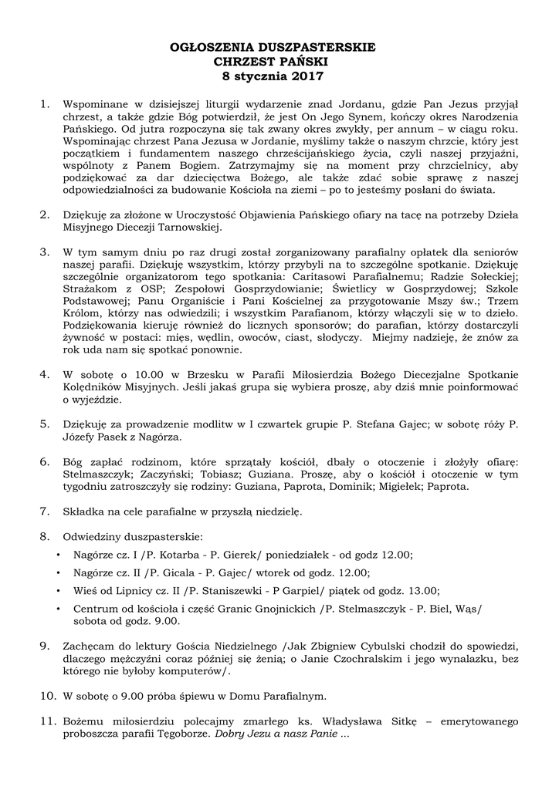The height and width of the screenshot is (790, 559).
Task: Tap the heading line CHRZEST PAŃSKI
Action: tap(272, 62)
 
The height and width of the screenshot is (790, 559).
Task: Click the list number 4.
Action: tap(45, 373)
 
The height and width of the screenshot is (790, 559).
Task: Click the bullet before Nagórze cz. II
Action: tap(59, 573)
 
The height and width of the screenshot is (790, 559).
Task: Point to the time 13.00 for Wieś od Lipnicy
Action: tap(422, 592)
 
